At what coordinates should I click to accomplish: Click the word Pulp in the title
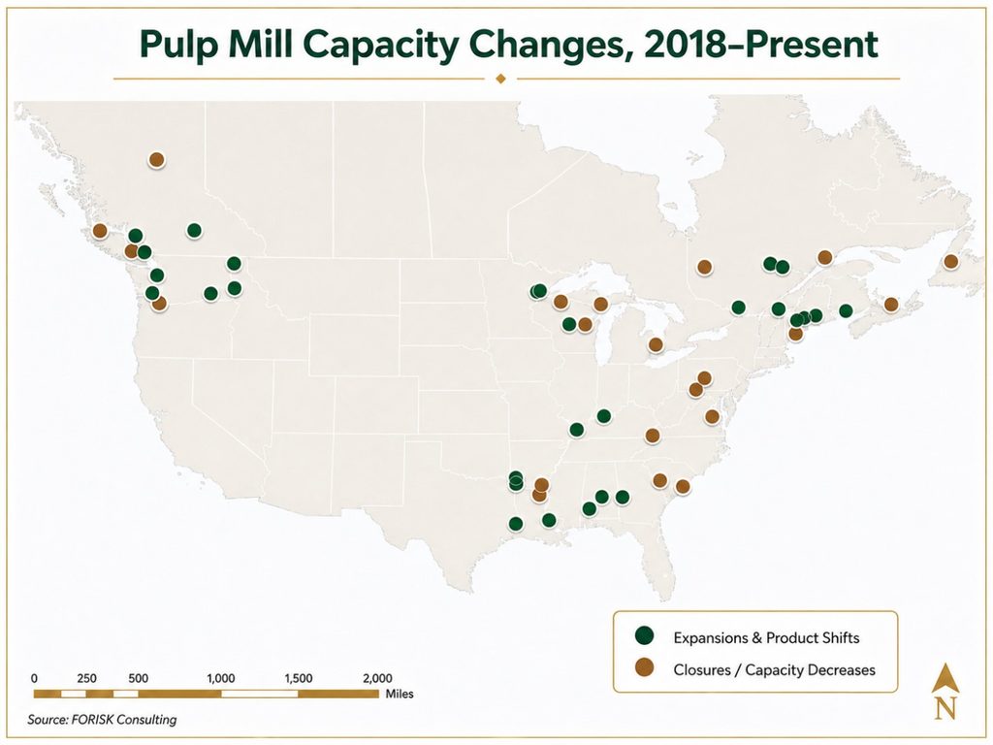point(178,46)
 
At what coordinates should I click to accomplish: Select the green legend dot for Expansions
point(645,635)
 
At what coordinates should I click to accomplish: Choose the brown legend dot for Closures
point(645,667)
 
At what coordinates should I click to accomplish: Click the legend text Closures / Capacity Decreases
point(774,669)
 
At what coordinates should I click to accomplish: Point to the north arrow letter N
point(945,707)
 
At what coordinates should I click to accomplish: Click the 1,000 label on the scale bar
point(220,678)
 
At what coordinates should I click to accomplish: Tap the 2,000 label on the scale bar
point(377,678)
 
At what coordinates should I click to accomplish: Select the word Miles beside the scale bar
point(399,694)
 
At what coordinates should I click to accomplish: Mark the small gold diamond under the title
point(500,79)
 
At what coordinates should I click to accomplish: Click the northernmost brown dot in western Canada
point(156,160)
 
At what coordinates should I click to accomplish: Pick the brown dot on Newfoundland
point(950,261)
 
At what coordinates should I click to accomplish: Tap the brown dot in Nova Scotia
point(890,304)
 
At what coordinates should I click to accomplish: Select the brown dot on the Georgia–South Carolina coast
point(682,487)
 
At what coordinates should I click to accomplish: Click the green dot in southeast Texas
point(516,524)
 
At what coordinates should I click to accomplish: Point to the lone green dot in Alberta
point(194,230)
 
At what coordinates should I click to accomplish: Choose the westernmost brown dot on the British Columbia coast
point(100,231)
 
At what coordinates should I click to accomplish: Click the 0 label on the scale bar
point(34,678)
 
